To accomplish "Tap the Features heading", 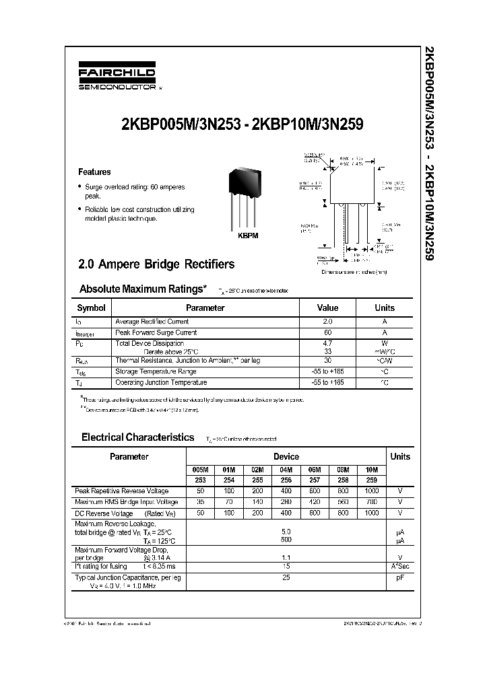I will pyautogui.click(x=95, y=172).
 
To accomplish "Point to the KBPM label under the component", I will pyautogui.click(x=248, y=236).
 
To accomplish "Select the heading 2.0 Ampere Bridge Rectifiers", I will pyautogui.click(x=157, y=264).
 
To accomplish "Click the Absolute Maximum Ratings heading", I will pyautogui.click(x=143, y=289).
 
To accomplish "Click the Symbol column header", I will pyautogui.click(x=92, y=308).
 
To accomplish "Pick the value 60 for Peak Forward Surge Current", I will pyautogui.click(x=328, y=332).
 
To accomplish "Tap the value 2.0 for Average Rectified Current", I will pyautogui.click(x=328, y=322).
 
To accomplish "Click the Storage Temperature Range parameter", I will pyautogui.click(x=156, y=371).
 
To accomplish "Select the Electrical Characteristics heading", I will pyautogui.click(x=138, y=437).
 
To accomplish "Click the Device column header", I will pyautogui.click(x=286, y=456).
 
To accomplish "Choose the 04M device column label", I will pyautogui.click(x=286, y=470).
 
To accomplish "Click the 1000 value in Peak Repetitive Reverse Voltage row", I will pyautogui.click(x=371, y=491).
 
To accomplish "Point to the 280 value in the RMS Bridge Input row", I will pyautogui.click(x=286, y=502).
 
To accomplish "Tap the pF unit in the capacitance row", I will pyautogui.click(x=400, y=577).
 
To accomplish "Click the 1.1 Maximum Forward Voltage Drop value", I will pyautogui.click(x=286, y=558).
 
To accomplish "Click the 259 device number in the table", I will pyautogui.click(x=371, y=480).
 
